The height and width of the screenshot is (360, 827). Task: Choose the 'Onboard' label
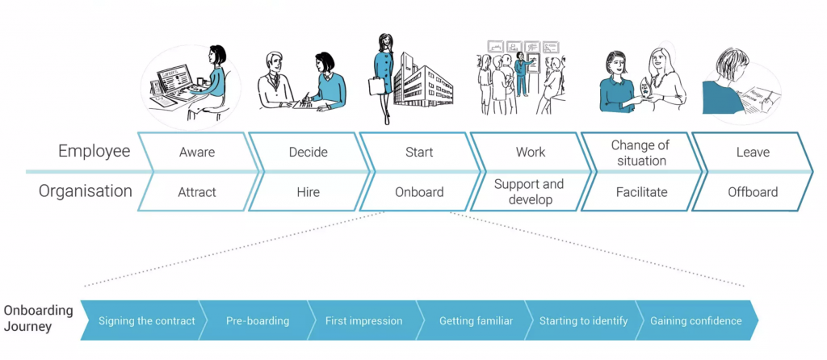(x=419, y=192)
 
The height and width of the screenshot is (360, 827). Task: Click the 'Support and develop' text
(x=530, y=192)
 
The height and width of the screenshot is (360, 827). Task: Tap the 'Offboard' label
(x=752, y=192)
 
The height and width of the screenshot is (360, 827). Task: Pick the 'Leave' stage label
(x=752, y=152)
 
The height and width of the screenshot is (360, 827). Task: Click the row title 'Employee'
(x=94, y=151)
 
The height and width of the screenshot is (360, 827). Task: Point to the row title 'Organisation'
(x=86, y=191)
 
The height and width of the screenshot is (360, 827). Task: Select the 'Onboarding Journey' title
(x=38, y=319)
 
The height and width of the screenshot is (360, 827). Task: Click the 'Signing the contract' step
(x=146, y=320)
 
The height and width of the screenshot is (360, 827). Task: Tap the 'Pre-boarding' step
(x=257, y=320)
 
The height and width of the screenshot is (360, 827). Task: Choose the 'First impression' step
(x=363, y=320)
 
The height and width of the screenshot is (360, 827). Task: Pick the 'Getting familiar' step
(x=476, y=320)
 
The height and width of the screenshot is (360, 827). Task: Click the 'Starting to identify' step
(x=583, y=320)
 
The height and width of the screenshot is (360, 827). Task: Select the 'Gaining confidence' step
(x=695, y=320)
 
